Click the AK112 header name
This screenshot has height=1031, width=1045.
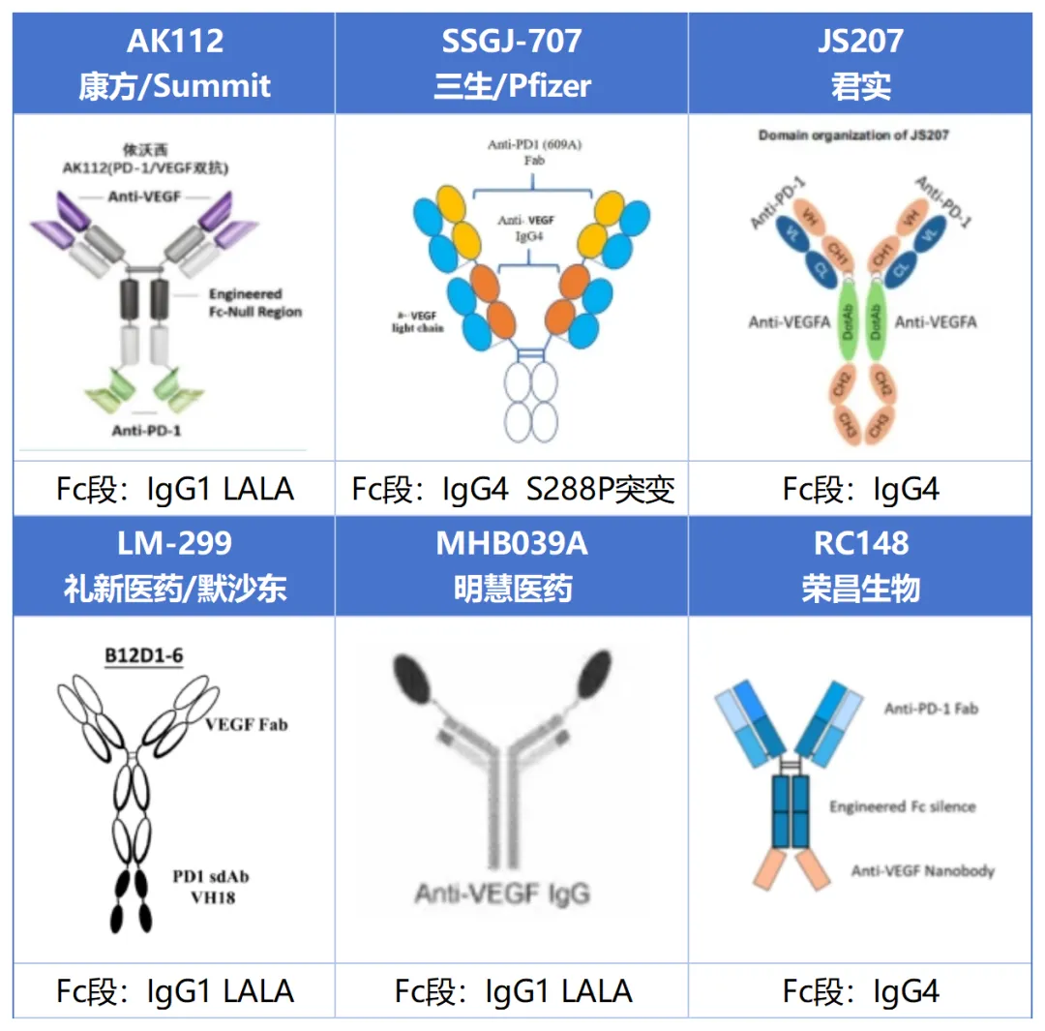pos(175,41)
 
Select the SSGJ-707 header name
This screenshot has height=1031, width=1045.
pos(512,41)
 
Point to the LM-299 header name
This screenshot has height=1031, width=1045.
pos(175,543)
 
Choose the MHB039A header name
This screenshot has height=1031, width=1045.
pos(512,543)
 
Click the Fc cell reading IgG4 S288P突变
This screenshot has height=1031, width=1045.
pos(512,489)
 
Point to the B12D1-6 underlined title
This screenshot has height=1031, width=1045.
pos(144,656)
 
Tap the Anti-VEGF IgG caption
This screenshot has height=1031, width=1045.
pos(501,893)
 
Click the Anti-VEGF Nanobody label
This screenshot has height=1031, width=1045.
pos(922,870)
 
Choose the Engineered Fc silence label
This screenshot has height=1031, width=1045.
pos(902,806)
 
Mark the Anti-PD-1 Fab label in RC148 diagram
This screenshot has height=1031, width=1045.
pos(931,709)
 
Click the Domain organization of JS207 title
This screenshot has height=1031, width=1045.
pos(852,136)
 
